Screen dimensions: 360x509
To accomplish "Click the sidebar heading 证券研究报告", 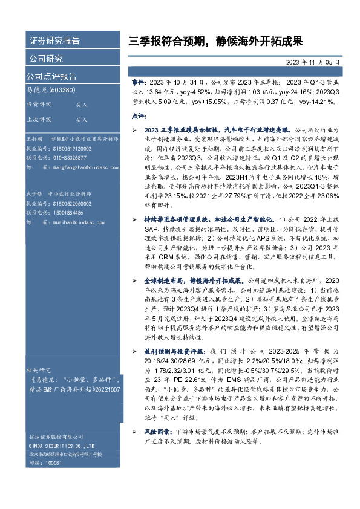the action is [54, 41].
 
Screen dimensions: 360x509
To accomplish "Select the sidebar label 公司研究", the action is [46, 59].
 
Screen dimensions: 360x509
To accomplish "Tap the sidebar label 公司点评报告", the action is [51, 76].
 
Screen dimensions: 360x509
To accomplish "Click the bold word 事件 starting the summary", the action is [139, 81].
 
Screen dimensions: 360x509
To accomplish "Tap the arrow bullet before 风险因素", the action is [134, 432].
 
